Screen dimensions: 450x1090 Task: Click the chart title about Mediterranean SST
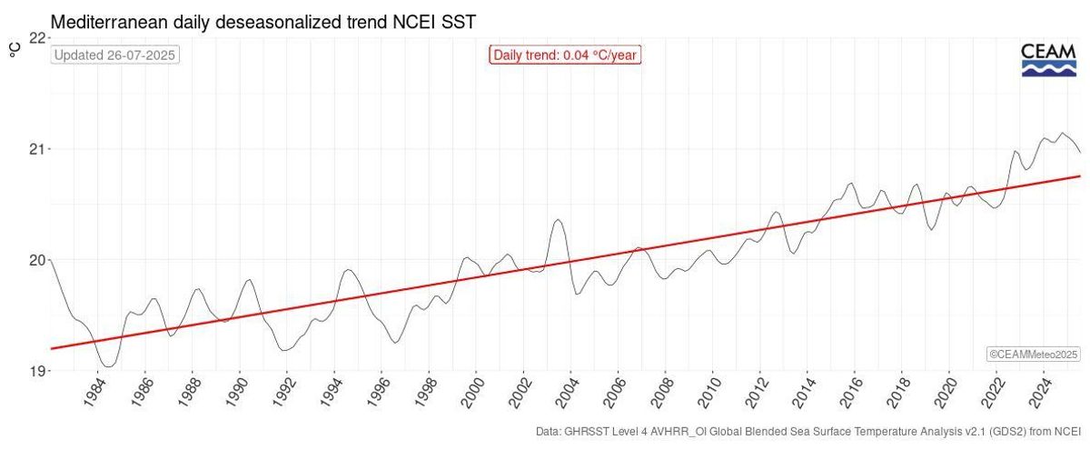(x=263, y=19)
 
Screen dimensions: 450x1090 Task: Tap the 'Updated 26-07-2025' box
(x=115, y=55)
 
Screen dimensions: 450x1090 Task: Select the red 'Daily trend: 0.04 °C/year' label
(x=565, y=55)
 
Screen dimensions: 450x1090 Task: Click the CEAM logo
(x=1048, y=60)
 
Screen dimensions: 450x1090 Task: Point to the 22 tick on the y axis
(x=37, y=37)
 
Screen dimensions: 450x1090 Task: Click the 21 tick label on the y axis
(x=37, y=148)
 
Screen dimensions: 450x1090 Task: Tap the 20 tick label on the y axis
(x=37, y=260)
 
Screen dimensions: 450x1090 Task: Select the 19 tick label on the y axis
(x=37, y=371)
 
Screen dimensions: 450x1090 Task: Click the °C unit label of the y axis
(x=15, y=50)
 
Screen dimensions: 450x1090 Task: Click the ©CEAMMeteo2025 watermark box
(x=1033, y=354)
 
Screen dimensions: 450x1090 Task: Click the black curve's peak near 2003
(x=559, y=219)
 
